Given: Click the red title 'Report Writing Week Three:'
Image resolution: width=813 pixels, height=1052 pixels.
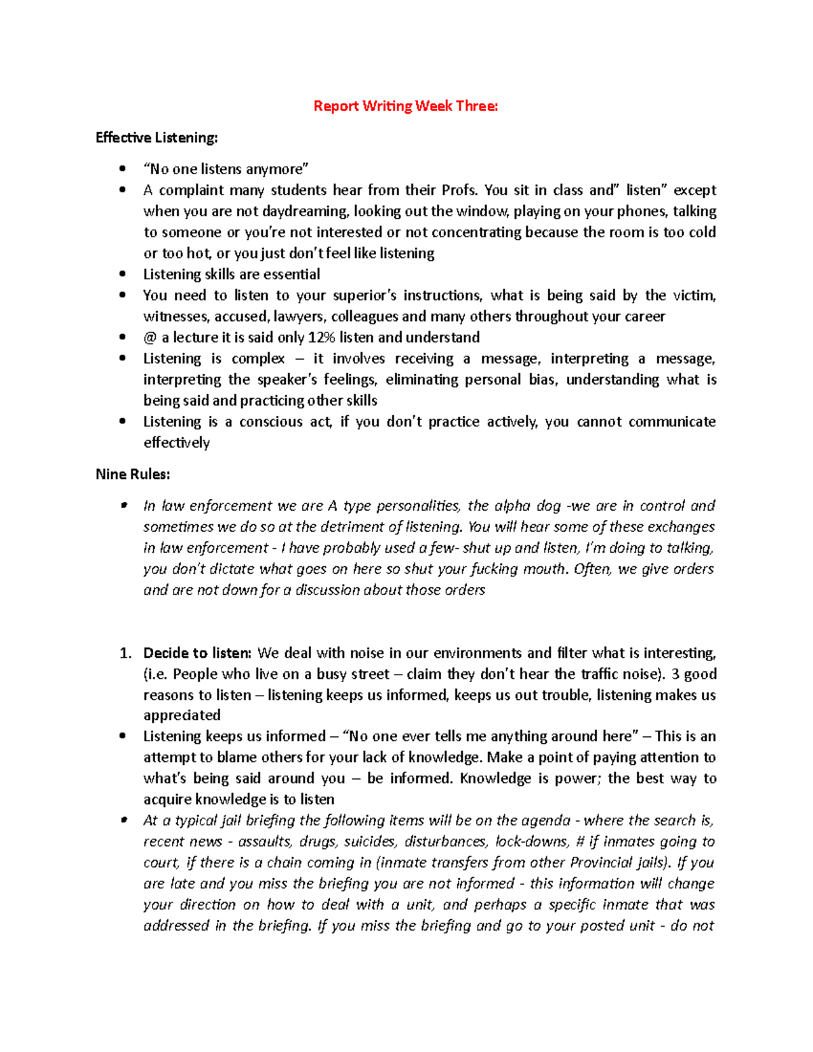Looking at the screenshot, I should (405, 106).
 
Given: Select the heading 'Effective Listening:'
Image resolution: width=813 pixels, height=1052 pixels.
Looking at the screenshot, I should (157, 138).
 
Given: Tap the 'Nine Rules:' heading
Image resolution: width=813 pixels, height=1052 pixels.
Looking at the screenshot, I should (133, 474).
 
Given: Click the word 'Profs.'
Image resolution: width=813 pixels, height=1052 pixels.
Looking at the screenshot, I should (460, 190).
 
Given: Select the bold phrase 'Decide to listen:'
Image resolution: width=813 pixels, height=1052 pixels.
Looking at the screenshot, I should (197, 653).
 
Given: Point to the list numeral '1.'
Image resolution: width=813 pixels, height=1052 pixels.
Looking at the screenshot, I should (125, 653).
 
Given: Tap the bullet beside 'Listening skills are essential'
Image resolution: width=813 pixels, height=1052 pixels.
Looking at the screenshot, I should (123, 274).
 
